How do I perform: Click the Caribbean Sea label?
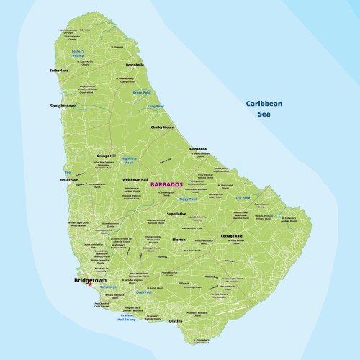pos(264,108)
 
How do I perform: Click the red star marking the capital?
pos(90,285)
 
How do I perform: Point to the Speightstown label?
pos(63,105)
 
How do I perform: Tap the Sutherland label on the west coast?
pos(59,71)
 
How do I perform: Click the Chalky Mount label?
pos(162,127)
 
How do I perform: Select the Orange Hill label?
pos(107,155)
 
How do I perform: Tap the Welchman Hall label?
pos(135,179)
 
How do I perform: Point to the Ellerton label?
pos(179,239)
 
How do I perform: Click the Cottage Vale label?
pos(232,235)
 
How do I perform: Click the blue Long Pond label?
pos(156,106)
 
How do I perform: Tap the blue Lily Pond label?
pos(242,197)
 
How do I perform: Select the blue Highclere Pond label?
pos(129,160)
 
